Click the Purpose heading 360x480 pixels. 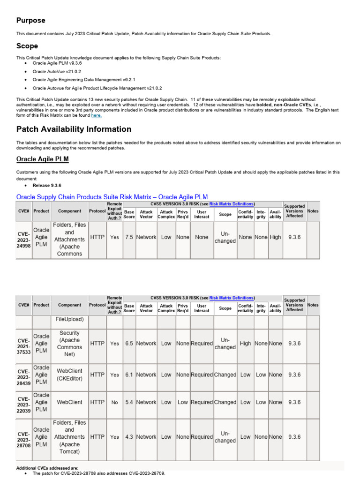pyautogui.click(x=31, y=21)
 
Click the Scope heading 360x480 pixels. pyautogui.click(x=27, y=46)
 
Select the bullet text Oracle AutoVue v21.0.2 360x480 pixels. pyautogui.click(x=57, y=72)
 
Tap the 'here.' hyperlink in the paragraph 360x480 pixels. pyautogui.click(x=96, y=115)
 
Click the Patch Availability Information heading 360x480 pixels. pyautogui.click(x=74, y=129)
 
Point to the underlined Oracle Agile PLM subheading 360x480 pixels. pyautogui.click(x=43, y=159)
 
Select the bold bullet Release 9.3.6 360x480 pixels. pyautogui.click(x=47, y=186)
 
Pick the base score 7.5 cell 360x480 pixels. pyautogui.click(x=129, y=237)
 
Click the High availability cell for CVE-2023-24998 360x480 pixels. pyautogui.click(x=275, y=237)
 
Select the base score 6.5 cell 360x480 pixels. pyautogui.click(x=129, y=344)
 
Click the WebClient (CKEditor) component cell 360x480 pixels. pyautogui.click(x=69, y=375)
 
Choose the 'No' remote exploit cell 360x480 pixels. pyautogui.click(x=114, y=402)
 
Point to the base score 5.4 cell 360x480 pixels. pyautogui.click(x=129, y=402)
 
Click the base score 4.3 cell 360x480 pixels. pyautogui.click(x=129, y=437)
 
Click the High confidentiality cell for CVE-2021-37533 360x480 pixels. pyautogui.click(x=245, y=344)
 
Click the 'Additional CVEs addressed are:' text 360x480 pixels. pyautogui.click(x=47, y=468)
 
